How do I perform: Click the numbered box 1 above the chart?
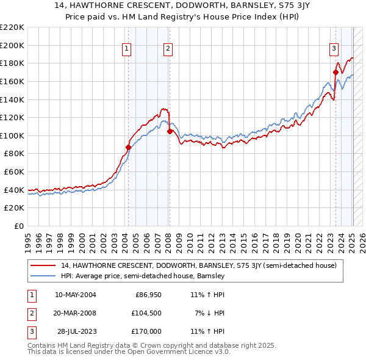click(126, 49)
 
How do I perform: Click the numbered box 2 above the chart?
click(168, 49)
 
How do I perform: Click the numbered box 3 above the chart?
click(334, 49)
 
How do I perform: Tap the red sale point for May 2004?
click(128, 147)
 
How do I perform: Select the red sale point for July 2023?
click(335, 72)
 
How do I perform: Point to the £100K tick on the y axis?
click(13, 135)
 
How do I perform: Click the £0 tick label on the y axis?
click(20, 226)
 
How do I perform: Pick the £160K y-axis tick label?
click(13, 81)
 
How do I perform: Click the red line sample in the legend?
click(43, 265)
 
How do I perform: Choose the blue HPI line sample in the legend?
click(43, 276)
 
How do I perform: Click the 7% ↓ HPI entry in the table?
click(210, 313)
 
